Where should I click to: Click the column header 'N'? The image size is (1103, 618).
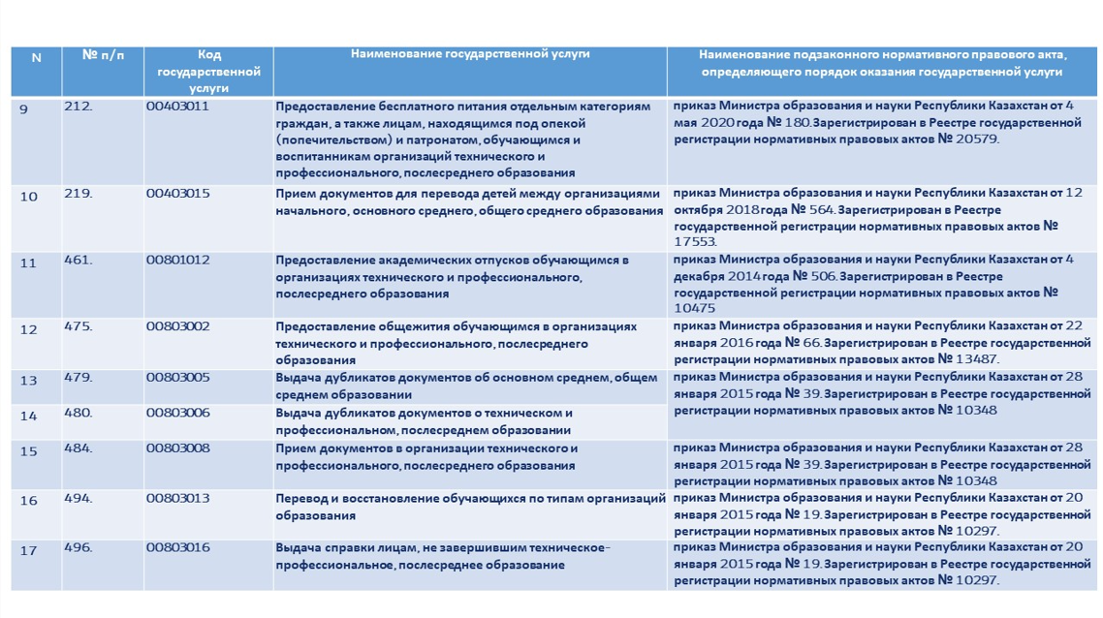tap(37, 58)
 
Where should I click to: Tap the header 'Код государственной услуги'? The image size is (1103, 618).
tap(208, 71)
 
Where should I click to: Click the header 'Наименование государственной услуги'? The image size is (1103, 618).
tap(470, 55)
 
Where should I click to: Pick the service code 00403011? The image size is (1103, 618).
tap(177, 107)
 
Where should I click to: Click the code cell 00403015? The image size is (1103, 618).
tap(177, 194)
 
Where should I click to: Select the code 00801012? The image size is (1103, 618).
tap(177, 260)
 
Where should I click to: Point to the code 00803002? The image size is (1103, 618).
tap(177, 326)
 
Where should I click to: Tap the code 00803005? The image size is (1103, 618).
tap(177, 378)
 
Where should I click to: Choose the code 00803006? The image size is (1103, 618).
tap(177, 413)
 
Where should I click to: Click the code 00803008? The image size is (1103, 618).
tap(177, 448)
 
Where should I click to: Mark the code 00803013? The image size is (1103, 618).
tap(177, 498)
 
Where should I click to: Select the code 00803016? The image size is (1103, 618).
tap(177, 547)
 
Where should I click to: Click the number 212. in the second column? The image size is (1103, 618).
tap(78, 107)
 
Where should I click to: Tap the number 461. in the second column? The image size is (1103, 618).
tap(78, 260)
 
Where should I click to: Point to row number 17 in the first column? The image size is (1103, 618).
tap(28, 550)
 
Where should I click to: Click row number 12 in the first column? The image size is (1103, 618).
tap(28, 329)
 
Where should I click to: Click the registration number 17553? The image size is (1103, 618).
tap(695, 242)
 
